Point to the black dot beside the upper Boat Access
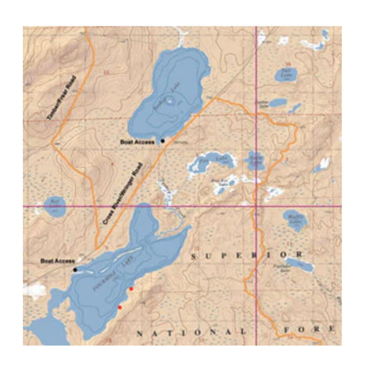(163, 140)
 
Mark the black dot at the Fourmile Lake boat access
(75, 269)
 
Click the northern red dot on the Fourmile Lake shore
(131, 288)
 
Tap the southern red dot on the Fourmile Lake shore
(120, 307)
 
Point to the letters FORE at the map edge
(314, 329)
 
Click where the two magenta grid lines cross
(255, 207)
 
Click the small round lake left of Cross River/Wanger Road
(54, 205)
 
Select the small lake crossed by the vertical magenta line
(256, 161)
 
